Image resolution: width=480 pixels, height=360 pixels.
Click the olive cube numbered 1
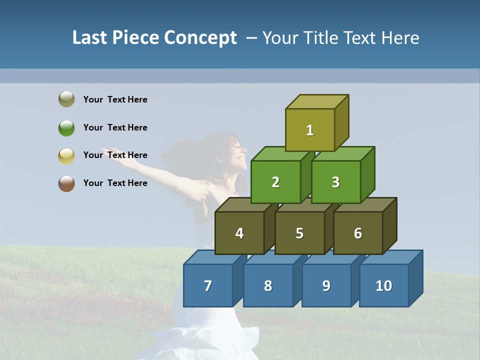click(310, 130)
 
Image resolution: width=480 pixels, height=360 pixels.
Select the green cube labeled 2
click(275, 182)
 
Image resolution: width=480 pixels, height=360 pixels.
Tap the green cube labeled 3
click(335, 182)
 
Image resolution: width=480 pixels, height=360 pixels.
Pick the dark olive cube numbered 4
click(239, 233)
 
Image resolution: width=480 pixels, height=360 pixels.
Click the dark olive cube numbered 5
click(299, 233)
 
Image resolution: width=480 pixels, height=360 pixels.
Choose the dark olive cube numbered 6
click(358, 233)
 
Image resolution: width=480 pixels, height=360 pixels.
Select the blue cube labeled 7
click(208, 285)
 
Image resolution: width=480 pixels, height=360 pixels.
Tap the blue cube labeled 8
click(268, 285)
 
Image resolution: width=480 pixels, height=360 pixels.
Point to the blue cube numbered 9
click(326, 285)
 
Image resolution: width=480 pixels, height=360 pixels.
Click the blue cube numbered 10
click(384, 285)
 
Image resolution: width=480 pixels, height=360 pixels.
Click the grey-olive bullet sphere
click(66, 99)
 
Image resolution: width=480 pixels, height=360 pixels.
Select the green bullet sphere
click(66, 127)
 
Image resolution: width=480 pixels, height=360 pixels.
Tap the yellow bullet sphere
click(66, 155)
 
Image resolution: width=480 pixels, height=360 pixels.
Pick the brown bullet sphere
click(66, 183)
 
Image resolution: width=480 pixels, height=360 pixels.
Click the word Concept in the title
click(200, 38)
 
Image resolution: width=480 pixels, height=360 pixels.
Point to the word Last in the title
click(90, 38)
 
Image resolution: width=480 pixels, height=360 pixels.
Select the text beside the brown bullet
click(115, 183)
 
